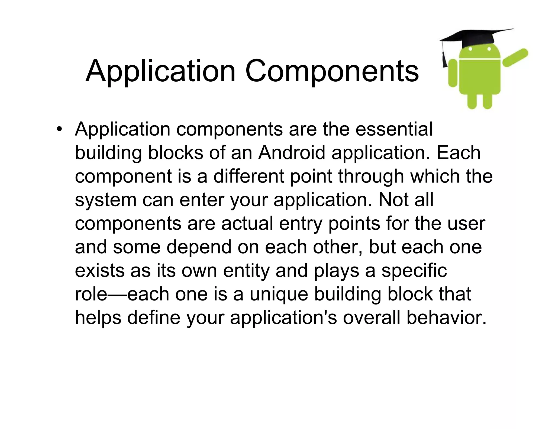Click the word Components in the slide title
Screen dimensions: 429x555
(332, 71)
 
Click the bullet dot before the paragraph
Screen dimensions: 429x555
(59, 129)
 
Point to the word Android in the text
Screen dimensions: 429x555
(292, 153)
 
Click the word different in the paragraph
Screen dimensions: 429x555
(249, 176)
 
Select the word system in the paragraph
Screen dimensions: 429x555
(105, 200)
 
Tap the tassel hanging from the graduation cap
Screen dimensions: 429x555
(444, 58)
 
